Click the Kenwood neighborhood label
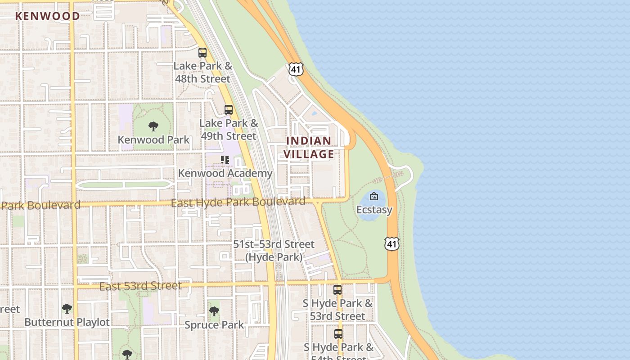coord(47,16)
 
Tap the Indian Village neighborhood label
coord(309,148)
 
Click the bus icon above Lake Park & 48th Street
coord(202,52)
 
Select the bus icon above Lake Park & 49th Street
coord(229,109)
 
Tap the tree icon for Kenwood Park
coord(153,126)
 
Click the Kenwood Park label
coord(153,139)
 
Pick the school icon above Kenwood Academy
coord(225,160)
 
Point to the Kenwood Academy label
coord(225,173)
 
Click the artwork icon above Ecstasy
coord(374,196)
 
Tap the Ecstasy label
coord(374,210)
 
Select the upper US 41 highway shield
coord(296,69)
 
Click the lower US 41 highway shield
coord(391,244)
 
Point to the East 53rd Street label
coord(140,286)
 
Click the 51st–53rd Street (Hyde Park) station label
coord(274,251)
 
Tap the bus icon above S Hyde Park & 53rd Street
coord(337,290)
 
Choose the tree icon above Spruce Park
coord(214,311)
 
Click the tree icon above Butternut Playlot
coord(67,309)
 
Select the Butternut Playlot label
coord(67,322)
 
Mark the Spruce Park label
coord(214,324)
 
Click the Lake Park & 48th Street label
coord(202,72)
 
